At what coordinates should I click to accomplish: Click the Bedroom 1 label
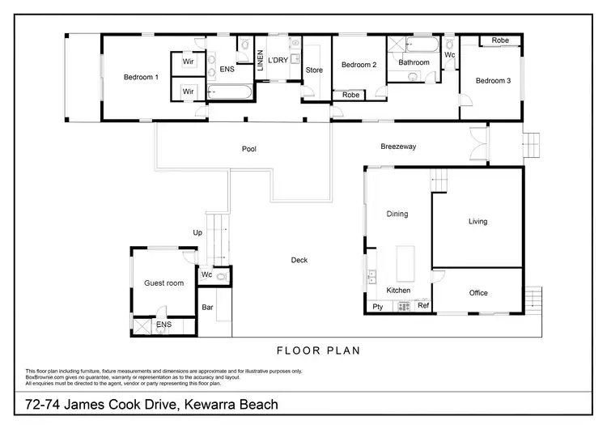(x=141, y=78)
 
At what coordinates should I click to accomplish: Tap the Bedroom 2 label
(x=358, y=66)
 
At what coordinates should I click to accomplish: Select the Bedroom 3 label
(x=493, y=81)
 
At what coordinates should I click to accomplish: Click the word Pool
(x=249, y=150)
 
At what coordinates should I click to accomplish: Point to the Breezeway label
(x=398, y=147)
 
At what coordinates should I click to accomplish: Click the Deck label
(x=299, y=260)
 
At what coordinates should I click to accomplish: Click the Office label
(x=478, y=293)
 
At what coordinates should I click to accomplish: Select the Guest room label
(x=164, y=283)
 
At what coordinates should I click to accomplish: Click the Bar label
(x=207, y=308)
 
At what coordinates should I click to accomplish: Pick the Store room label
(x=314, y=70)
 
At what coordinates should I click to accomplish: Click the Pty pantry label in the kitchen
(x=377, y=306)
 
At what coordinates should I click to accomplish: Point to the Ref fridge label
(x=422, y=305)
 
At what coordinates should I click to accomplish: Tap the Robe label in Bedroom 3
(x=499, y=40)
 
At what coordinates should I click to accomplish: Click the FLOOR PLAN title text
(x=318, y=351)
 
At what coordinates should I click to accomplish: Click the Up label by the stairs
(x=197, y=232)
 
